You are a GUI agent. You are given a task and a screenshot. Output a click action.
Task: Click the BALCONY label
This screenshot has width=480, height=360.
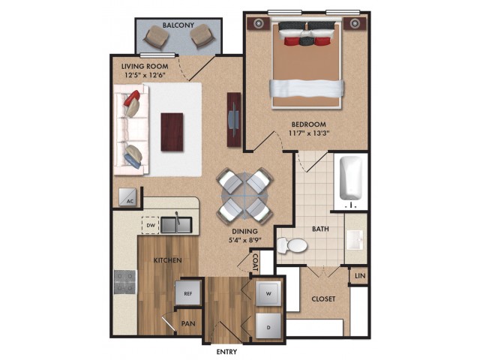[178, 25]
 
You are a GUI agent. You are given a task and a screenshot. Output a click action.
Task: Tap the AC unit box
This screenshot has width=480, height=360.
[127, 196]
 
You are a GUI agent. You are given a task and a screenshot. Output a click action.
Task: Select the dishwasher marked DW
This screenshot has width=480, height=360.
[150, 225]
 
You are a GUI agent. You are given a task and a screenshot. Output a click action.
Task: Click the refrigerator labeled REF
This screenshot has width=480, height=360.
[187, 293]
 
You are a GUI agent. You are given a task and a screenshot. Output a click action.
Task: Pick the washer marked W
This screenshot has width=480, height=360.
[268, 293]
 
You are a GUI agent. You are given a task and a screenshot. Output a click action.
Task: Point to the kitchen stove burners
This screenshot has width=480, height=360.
[125, 282]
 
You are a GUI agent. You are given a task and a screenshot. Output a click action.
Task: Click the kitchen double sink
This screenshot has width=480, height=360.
[176, 224]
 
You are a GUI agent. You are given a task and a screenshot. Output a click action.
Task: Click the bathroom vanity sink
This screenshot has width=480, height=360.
[355, 239]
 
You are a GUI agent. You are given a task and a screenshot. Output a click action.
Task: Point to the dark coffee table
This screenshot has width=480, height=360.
[172, 132]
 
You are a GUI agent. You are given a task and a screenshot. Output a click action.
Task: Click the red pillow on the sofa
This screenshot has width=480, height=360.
[132, 98]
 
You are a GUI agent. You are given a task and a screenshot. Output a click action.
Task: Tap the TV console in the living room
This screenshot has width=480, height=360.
[234, 119]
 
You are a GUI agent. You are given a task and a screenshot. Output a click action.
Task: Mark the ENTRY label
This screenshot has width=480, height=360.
[226, 352]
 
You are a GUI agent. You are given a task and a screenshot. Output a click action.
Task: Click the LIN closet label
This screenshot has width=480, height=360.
[360, 276]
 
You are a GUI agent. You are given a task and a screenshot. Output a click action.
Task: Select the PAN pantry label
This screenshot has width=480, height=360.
[188, 323]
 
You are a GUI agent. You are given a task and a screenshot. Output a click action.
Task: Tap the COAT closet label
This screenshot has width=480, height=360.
[255, 262]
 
